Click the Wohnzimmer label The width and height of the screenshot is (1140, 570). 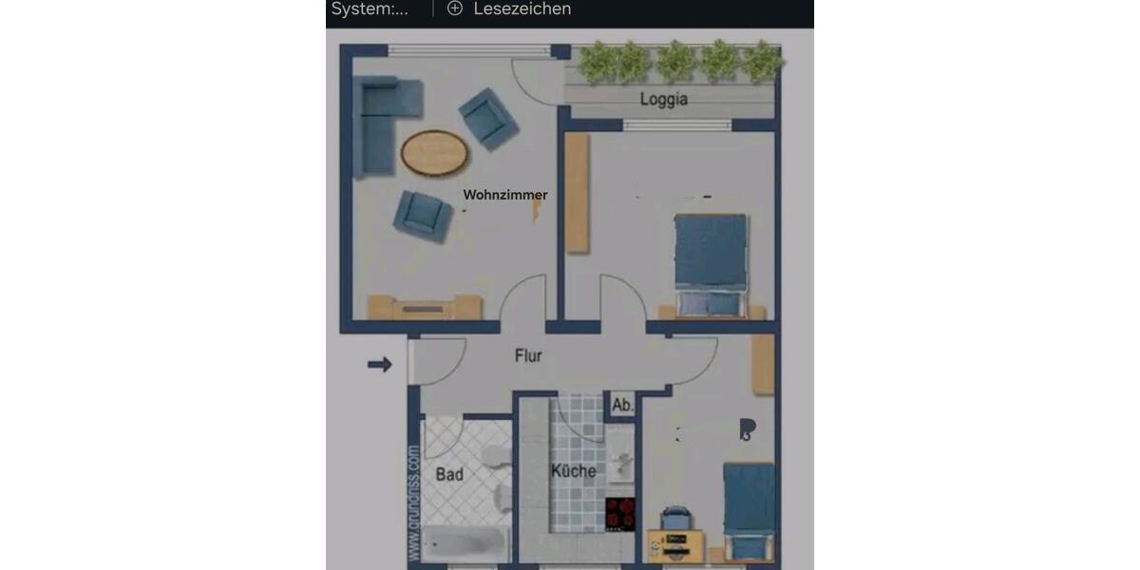504,195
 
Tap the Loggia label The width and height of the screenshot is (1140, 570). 663,99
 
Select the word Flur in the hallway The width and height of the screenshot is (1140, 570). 528,356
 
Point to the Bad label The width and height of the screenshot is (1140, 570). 449,473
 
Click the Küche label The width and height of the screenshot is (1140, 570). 574,470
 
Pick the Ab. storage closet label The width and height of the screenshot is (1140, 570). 622,406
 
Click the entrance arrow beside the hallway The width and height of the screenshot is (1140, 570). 380,364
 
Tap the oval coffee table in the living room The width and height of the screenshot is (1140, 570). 434,152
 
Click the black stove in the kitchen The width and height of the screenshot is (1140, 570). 620,514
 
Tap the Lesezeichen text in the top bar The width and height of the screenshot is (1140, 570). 522,9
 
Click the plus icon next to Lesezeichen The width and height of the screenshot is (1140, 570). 455,9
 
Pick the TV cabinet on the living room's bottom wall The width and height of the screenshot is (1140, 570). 424,307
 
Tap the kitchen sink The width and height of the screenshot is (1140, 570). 623,465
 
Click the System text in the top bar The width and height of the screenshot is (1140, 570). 370,9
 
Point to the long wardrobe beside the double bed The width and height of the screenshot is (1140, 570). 577,193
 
